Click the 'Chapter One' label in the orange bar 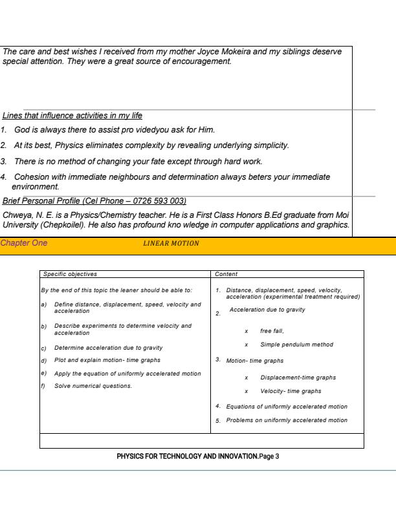24,242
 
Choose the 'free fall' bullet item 275,330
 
